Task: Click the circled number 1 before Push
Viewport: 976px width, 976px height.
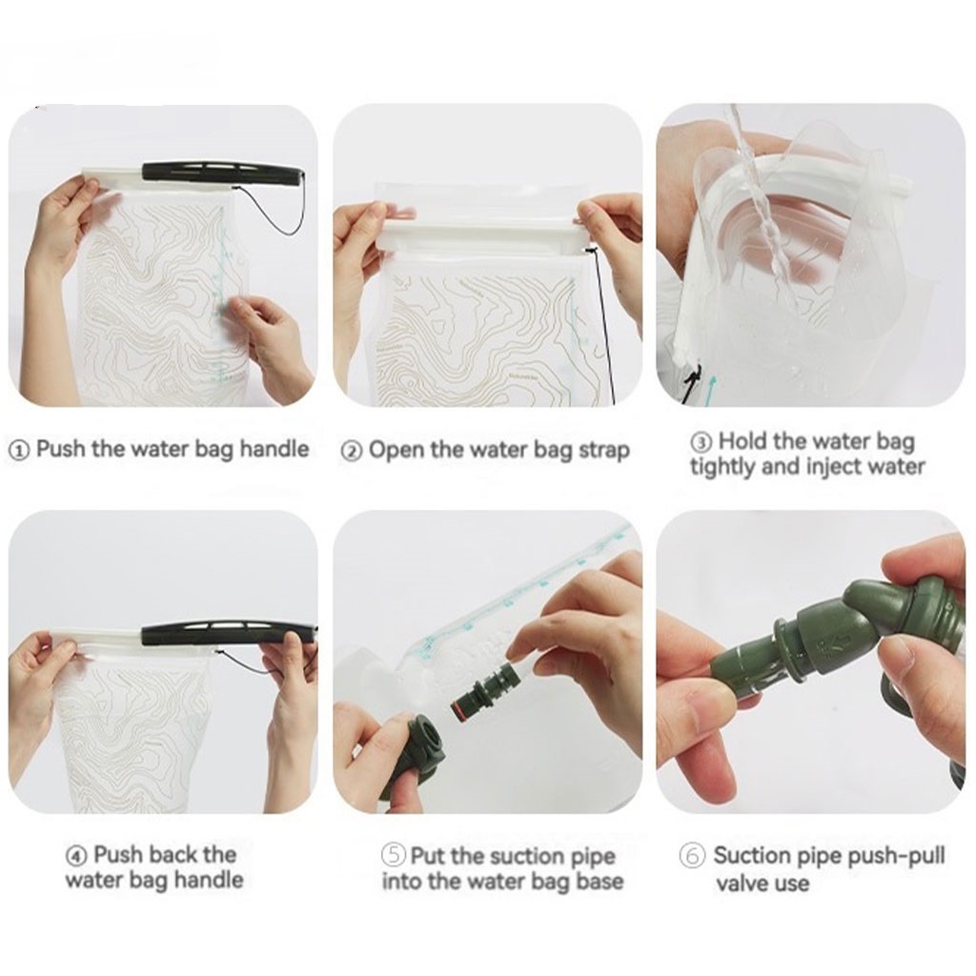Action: click(x=20, y=450)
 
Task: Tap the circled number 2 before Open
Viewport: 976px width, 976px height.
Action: click(x=352, y=451)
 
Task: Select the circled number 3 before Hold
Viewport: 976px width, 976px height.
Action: click(x=701, y=442)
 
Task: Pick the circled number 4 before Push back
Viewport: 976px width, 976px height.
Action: click(x=76, y=856)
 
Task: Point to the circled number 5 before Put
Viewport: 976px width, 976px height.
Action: click(x=394, y=855)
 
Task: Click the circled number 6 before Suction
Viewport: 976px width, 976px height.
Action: click(x=693, y=856)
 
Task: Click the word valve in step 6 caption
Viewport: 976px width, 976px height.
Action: click(x=742, y=884)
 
